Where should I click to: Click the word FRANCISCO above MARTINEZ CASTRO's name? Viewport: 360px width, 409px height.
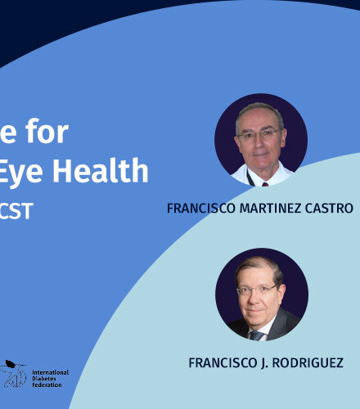(x=201, y=209)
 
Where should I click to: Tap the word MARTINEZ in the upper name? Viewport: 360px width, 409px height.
(x=270, y=209)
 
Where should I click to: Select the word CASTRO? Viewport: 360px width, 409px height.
(x=329, y=209)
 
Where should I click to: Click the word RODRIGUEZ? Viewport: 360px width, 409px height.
(x=308, y=363)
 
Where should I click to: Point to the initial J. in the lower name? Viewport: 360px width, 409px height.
(x=264, y=363)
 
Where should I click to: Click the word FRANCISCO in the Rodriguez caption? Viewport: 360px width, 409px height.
(x=223, y=363)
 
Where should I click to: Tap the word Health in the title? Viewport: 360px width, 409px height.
(x=100, y=171)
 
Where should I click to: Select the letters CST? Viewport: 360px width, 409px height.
(x=16, y=211)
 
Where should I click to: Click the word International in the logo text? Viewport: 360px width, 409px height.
(x=51, y=372)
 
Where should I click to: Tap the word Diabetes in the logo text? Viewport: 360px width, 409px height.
(x=44, y=379)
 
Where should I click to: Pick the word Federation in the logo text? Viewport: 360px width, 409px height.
(x=47, y=385)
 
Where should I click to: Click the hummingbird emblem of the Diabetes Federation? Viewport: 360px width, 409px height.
(x=13, y=374)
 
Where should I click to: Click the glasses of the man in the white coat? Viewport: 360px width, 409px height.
(x=259, y=134)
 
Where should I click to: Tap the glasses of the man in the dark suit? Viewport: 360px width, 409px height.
(x=257, y=290)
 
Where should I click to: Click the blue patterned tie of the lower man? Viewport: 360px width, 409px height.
(x=257, y=335)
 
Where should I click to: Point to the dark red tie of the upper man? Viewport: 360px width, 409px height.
(x=265, y=184)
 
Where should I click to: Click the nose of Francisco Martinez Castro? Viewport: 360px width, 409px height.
(x=259, y=144)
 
